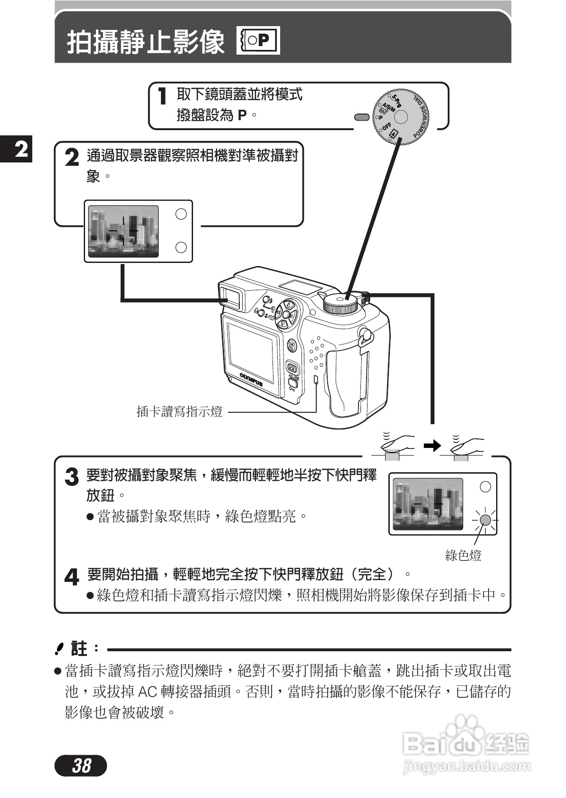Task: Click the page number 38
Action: click(81, 765)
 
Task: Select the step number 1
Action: click(163, 97)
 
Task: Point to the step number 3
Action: click(71, 477)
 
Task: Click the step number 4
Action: click(71, 578)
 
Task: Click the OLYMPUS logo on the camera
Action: click(251, 379)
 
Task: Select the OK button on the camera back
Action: click(292, 346)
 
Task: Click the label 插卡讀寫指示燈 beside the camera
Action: click(179, 411)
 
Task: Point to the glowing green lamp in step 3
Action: click(485, 520)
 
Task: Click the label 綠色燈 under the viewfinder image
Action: click(463, 555)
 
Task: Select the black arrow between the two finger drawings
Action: click(432, 446)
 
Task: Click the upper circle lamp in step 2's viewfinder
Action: click(181, 214)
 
